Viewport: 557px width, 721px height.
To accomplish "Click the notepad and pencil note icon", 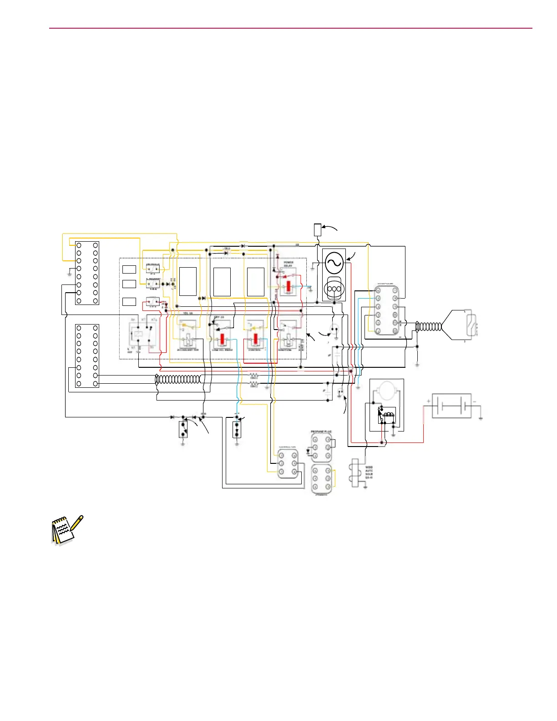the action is pos(66,530).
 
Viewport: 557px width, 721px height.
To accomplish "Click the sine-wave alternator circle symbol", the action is pos(334,262).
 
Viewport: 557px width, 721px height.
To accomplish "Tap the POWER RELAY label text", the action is pos(289,264).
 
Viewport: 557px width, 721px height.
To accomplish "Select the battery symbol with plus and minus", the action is pos(451,406).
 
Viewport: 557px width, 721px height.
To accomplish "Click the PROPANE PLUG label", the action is pos(321,432).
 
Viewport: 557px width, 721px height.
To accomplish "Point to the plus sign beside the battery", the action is pos(429,401).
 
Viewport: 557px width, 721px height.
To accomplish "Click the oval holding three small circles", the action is pos(334,289).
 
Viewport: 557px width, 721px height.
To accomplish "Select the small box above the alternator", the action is pos(318,230).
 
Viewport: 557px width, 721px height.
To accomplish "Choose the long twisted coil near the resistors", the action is pos(178,379).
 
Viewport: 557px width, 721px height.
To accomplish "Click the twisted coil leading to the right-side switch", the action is pos(429,326).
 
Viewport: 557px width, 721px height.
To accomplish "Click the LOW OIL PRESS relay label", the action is pos(222,350).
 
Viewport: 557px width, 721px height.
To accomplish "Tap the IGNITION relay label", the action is pos(285,350).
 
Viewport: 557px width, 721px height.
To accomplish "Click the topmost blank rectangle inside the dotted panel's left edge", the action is pos(129,269).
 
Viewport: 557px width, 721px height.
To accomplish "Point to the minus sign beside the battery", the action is pos(474,401).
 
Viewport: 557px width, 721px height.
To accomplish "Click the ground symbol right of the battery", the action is pos(481,417).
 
